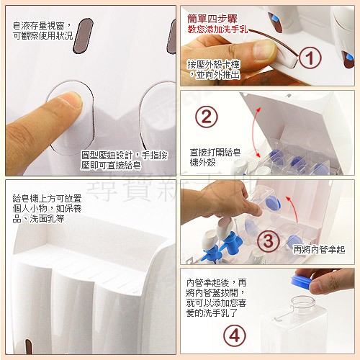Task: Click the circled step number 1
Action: [x=310, y=58]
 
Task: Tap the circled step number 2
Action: [x=207, y=117]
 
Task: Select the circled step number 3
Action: [x=269, y=240]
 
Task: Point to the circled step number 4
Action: [x=235, y=336]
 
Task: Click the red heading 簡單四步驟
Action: [x=212, y=19]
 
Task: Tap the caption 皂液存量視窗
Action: [x=38, y=25]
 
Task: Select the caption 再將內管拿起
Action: [x=319, y=250]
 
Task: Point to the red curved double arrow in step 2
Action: [x=255, y=132]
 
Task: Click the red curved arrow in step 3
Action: [x=293, y=208]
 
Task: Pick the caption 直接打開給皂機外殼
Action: [x=215, y=157]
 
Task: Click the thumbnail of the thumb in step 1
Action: [x=264, y=50]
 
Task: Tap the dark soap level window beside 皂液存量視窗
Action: [x=83, y=35]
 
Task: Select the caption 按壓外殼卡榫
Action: [x=214, y=64]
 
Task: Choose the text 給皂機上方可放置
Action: [x=47, y=199]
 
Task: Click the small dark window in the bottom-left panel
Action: [x=28, y=346]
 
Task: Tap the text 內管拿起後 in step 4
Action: [x=208, y=283]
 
